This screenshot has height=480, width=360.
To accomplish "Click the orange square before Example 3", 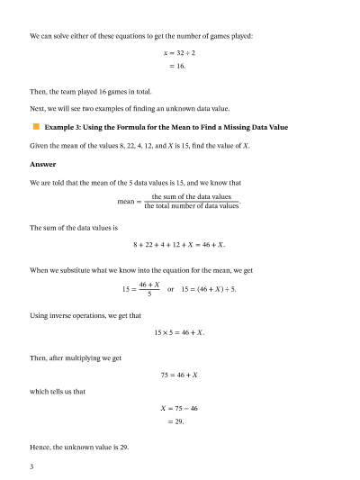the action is coord(35,129).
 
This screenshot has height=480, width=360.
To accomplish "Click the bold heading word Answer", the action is coord(42,164).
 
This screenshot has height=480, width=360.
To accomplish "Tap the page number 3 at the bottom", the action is coord(31,466).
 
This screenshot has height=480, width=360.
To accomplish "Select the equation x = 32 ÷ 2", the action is coord(179,53).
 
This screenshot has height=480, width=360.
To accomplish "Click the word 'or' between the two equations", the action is coord(171,289).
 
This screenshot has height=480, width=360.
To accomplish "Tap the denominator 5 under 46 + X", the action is coord(149,294).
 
